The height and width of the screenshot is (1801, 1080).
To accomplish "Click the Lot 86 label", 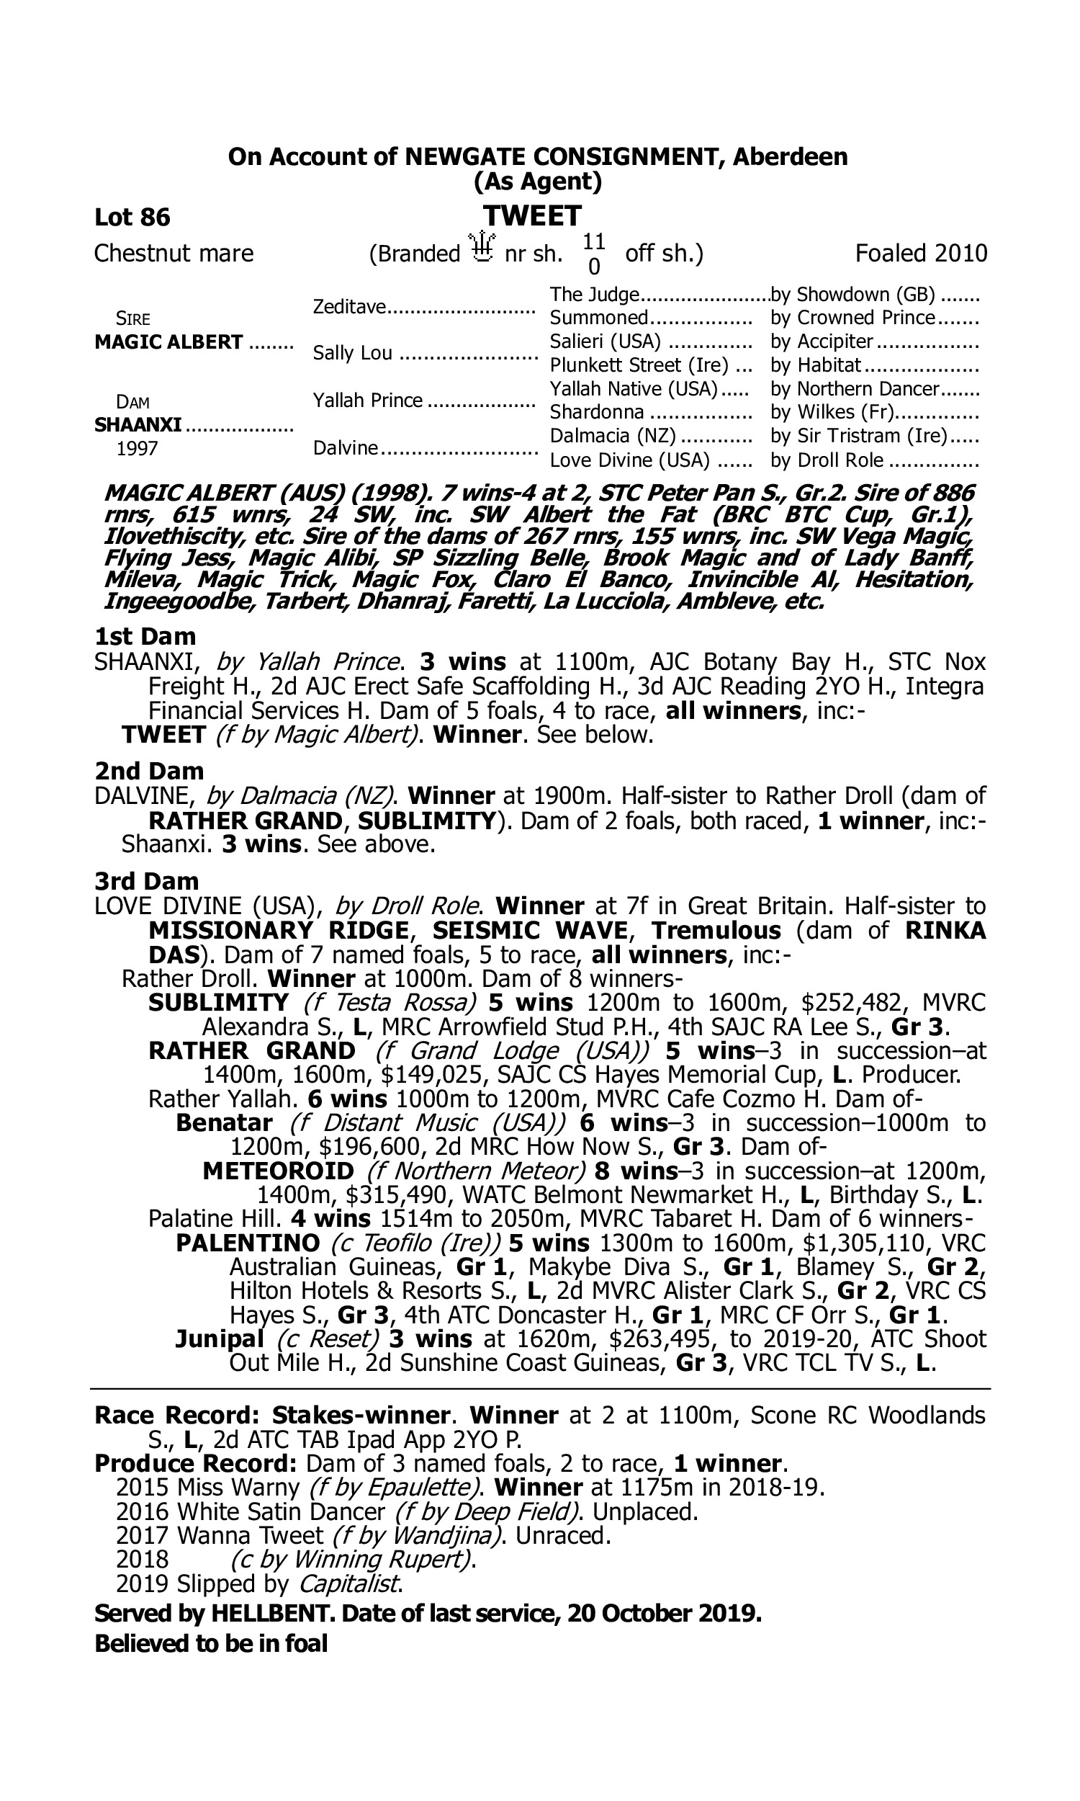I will (x=132, y=217).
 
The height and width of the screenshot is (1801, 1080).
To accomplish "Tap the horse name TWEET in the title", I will (x=532, y=216).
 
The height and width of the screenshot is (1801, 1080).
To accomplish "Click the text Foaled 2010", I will (x=921, y=254).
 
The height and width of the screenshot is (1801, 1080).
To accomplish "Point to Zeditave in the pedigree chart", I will (x=348, y=306).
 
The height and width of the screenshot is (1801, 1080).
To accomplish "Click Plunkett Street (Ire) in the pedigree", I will (x=638, y=365).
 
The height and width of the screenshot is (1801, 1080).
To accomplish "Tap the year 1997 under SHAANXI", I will (x=137, y=448).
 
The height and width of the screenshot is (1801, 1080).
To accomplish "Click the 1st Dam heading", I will (x=145, y=637).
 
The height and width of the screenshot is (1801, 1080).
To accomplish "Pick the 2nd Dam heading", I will (x=148, y=771).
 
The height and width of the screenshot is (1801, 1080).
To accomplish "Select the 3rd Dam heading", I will (x=146, y=882).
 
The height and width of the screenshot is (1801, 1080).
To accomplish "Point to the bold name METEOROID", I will (x=278, y=1171).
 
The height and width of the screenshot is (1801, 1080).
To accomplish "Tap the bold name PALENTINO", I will (x=248, y=1243).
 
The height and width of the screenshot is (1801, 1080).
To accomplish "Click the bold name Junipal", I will (x=219, y=1339).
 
